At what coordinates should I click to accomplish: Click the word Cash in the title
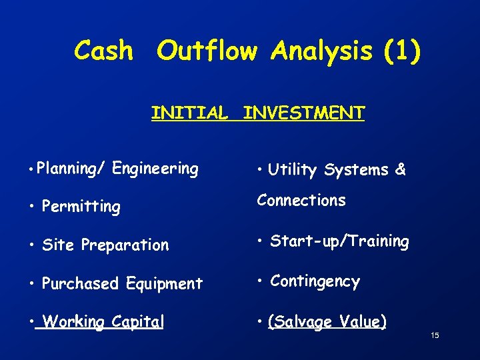coord(103,51)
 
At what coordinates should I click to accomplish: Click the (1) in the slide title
coord(403,51)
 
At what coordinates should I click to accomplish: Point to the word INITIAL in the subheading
coord(189,113)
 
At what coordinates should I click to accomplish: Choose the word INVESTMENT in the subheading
coord(303,113)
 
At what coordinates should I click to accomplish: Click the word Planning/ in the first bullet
coord(71,169)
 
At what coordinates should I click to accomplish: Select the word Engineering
coord(155,169)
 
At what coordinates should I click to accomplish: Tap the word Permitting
coord(81,207)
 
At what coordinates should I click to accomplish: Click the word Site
coord(57,245)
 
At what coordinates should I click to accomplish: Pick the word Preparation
coord(125,245)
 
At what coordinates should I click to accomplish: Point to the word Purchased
coord(80,283)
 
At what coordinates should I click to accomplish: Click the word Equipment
coord(163,284)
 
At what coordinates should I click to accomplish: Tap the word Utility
coord(292,170)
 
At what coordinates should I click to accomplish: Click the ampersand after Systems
coord(400,169)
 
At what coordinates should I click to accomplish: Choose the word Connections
coord(301,200)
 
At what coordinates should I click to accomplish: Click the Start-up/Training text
coord(339,241)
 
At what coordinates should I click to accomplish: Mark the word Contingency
coord(315,281)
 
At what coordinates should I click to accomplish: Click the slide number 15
coord(434,335)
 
